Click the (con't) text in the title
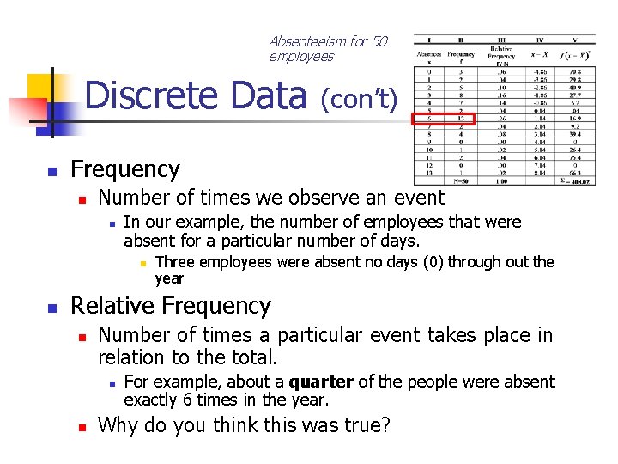point(360,100)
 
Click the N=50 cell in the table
point(461,181)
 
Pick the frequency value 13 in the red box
point(461,119)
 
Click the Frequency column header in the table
point(461,54)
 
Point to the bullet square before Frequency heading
point(51,170)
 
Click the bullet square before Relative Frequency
point(51,308)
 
